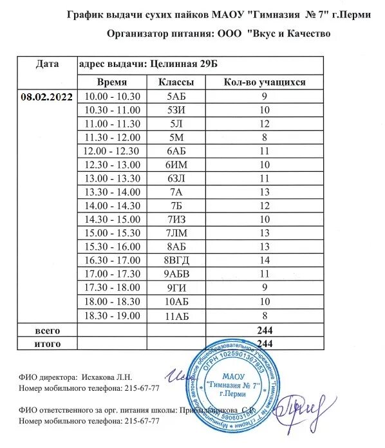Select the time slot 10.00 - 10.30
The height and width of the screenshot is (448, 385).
point(112,96)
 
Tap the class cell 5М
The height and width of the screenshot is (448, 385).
point(176,137)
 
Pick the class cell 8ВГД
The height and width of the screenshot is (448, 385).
point(176,260)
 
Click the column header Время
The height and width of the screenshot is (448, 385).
point(112,82)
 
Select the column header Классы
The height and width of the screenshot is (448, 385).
point(176,82)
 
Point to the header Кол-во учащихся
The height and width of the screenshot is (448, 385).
point(264,82)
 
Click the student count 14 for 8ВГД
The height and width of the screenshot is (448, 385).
point(264,260)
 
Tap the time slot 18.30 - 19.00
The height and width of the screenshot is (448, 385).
point(112,315)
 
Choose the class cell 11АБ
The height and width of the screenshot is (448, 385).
point(176,315)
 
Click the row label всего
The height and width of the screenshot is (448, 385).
point(48,330)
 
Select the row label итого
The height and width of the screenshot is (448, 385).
point(48,343)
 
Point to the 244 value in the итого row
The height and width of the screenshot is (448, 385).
point(264,343)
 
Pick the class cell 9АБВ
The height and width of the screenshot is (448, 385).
point(176,274)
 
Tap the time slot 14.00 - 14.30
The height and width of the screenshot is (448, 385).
point(112,205)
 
